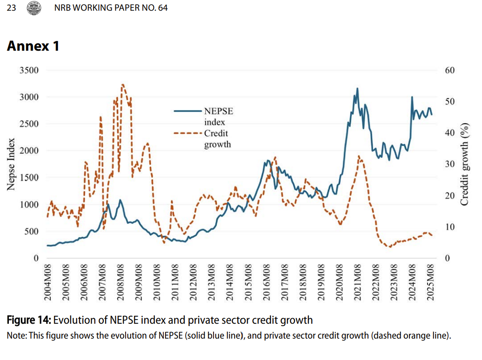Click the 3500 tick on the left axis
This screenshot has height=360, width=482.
tap(29, 70)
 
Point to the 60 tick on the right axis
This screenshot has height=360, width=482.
tap(450, 70)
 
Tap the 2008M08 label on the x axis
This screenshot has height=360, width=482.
tap(120, 282)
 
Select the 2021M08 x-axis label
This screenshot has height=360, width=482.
tap(357, 282)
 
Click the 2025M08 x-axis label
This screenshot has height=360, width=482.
tap(430, 282)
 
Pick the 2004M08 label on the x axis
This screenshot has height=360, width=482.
tap(47, 282)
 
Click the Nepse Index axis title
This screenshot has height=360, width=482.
tap(11, 164)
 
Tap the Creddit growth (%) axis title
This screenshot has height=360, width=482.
tap(464, 164)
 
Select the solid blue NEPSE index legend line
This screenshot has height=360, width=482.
tap(188, 111)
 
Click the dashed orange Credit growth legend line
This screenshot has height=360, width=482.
tap(188, 133)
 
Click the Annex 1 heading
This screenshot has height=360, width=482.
tap(33, 46)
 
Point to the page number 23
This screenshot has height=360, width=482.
tap(11, 8)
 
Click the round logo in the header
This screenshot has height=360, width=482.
tap(34, 8)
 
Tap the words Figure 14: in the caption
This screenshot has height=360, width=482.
tap(29, 320)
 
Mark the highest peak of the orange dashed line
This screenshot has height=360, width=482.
tap(123, 85)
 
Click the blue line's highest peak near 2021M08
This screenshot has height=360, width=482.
tap(357, 88)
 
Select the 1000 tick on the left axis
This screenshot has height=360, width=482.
tap(29, 205)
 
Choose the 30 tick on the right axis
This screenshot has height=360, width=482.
tap(450, 164)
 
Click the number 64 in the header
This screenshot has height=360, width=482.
tap(163, 8)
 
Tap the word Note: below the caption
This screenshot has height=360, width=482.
tap(17, 335)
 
